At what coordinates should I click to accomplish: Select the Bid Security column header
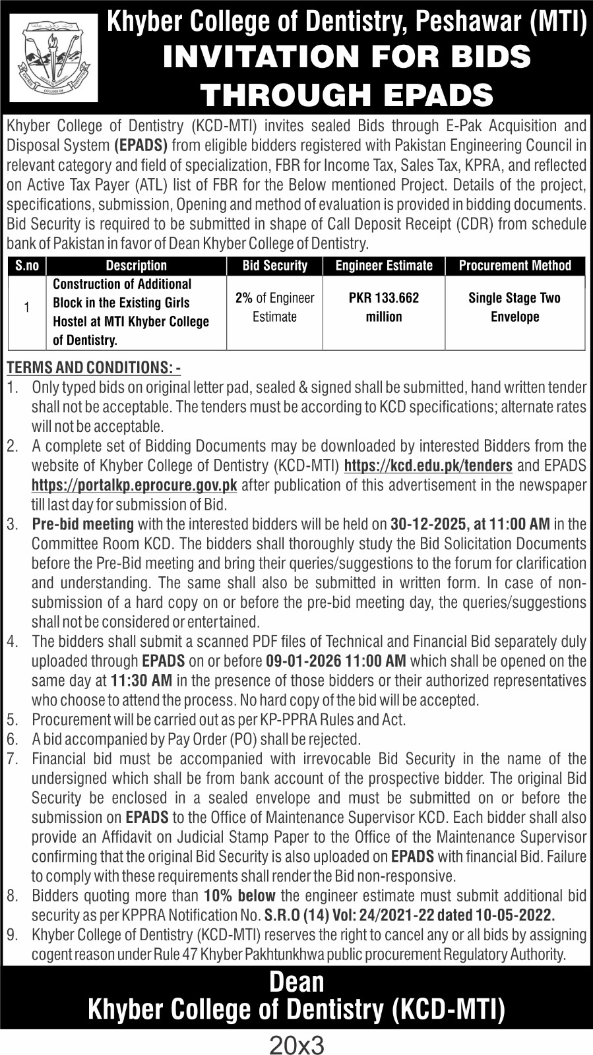tap(274, 266)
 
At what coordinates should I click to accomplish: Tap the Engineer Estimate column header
tap(384, 266)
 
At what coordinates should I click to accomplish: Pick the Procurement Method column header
tap(515, 266)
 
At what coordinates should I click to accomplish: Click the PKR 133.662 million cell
tap(384, 307)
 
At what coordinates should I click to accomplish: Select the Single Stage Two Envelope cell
tap(515, 307)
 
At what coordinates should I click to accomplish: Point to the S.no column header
tap(27, 266)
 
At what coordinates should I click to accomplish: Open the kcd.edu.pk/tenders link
tap(429, 466)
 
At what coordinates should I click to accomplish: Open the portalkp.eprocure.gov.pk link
tap(135, 485)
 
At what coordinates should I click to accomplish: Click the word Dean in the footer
tap(297, 982)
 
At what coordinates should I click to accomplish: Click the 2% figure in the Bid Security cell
tap(244, 298)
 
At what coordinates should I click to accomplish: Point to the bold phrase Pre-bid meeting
tap(83, 524)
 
